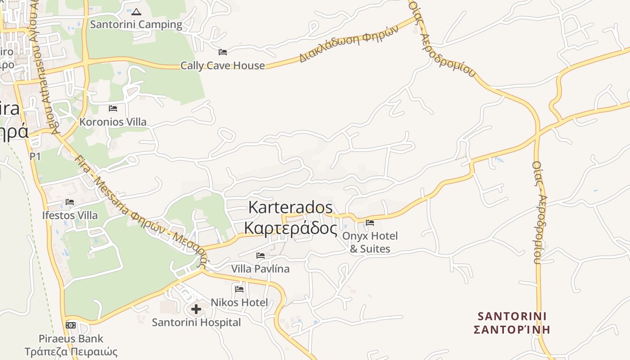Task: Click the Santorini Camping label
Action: coord(136,24)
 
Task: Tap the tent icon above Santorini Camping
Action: coord(136,11)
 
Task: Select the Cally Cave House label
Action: coord(222,66)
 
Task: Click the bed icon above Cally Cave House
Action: coord(222,52)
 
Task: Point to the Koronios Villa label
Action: coord(112,122)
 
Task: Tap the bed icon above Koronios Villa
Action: coord(113,108)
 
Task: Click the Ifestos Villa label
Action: coord(70,216)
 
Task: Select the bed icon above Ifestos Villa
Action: coord(70,202)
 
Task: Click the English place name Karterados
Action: coord(290,207)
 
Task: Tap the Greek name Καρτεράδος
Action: coord(290,228)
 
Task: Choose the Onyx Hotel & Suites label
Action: coord(370,242)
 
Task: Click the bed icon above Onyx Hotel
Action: coord(370,222)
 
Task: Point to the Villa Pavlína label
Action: coord(260,269)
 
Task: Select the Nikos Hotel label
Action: coord(239,302)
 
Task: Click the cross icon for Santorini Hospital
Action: coord(196,309)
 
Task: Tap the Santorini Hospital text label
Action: coord(196,323)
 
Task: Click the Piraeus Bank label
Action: coord(71,339)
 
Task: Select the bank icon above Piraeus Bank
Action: coord(71,325)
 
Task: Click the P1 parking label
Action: coord(35,157)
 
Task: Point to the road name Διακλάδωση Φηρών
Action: coord(349,44)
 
